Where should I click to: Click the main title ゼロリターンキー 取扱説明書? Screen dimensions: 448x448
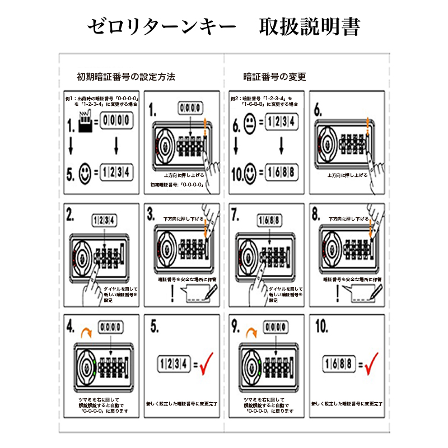[224, 26]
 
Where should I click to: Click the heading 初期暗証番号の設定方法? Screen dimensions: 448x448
[126, 77]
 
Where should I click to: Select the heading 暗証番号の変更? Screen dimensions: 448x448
[274, 77]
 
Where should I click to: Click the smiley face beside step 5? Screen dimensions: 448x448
[85, 171]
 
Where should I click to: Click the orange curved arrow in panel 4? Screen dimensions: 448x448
[86, 332]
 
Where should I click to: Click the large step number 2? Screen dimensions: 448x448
[71, 214]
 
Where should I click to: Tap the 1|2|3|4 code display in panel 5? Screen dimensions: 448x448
[175, 364]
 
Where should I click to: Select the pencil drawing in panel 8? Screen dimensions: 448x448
[376, 291]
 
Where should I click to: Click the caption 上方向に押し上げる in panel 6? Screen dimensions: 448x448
[347, 175]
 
